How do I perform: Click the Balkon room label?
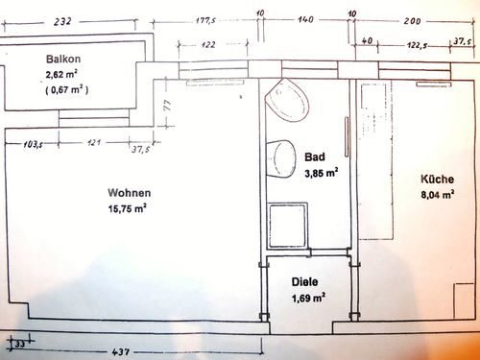click(63, 59)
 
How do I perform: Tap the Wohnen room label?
click(130, 193)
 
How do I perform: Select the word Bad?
click(315, 156)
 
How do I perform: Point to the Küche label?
click(437, 179)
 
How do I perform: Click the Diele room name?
click(304, 282)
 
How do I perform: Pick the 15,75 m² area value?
click(128, 208)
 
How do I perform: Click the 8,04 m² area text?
click(438, 194)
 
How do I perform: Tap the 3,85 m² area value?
click(322, 173)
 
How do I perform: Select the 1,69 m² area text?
click(308, 298)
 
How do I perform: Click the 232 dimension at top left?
click(62, 22)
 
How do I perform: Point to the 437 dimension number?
click(121, 351)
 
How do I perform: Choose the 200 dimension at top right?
click(412, 21)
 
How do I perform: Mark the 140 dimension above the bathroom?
click(305, 19)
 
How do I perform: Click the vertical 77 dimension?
click(167, 106)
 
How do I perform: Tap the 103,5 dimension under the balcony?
click(33, 145)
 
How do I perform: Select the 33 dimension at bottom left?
click(20, 344)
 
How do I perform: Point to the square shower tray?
click(288, 225)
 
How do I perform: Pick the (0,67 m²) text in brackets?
click(66, 89)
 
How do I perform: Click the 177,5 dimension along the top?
click(205, 21)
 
